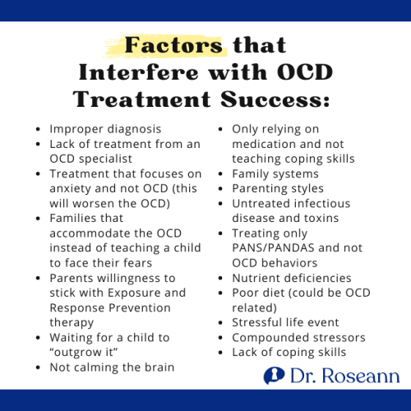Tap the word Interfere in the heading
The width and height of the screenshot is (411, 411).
click(131, 72)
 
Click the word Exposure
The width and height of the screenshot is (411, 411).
click(140, 292)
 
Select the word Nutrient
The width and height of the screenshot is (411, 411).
click(258, 278)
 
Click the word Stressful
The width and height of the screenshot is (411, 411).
click(260, 322)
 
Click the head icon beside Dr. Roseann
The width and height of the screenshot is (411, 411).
click(275, 376)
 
